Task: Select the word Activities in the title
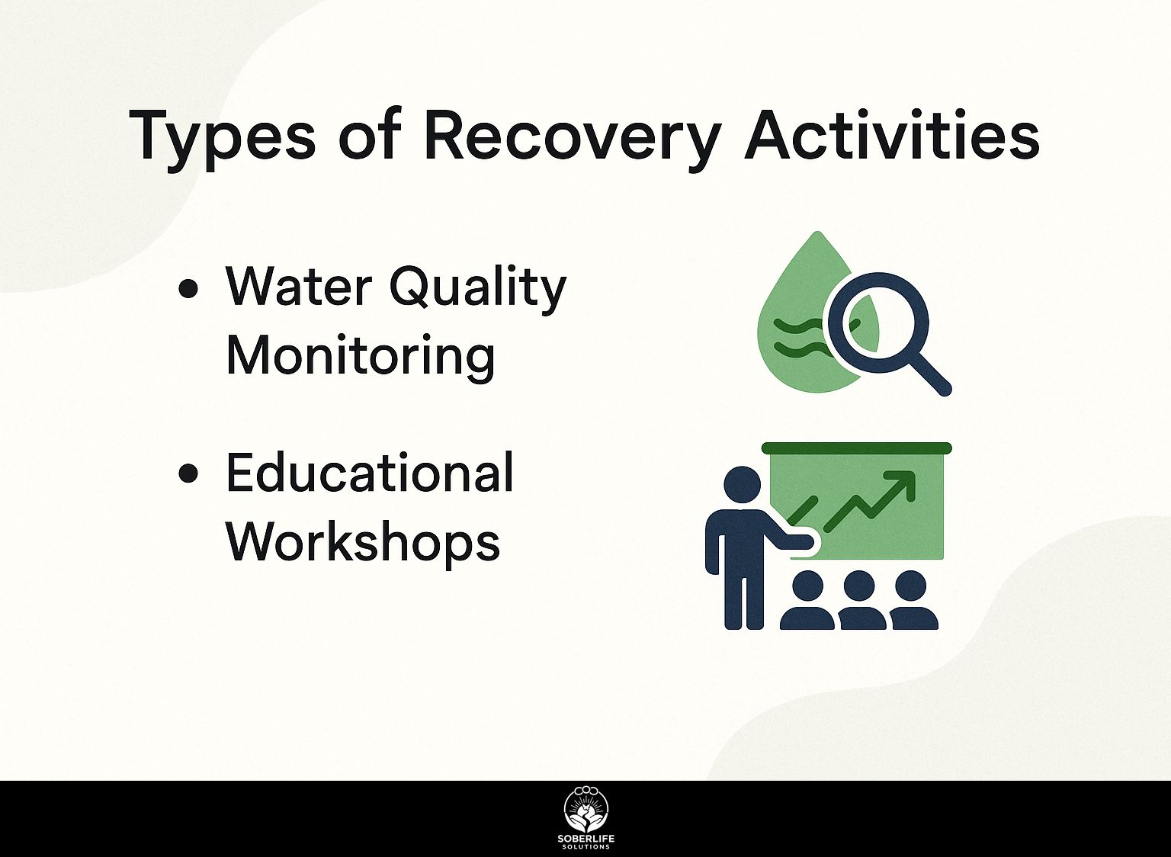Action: click(891, 134)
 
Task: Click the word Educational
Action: click(370, 473)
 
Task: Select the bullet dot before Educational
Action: click(188, 473)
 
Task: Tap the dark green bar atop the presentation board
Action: click(857, 448)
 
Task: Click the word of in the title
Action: click(370, 134)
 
